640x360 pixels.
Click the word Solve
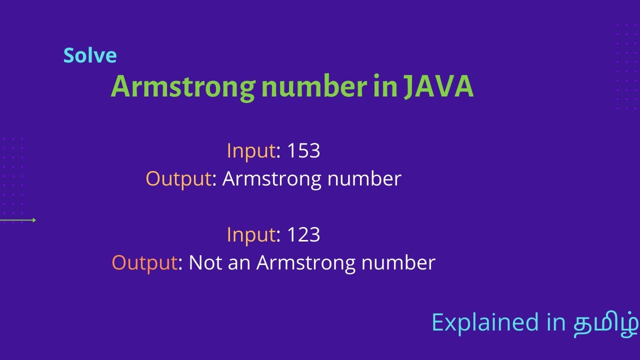[90, 55]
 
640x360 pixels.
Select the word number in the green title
[314, 87]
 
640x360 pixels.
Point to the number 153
[303, 150]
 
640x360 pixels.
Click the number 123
[303, 234]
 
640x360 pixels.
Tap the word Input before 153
[251, 151]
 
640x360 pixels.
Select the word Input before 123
[251, 235]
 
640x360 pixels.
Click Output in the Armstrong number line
[178, 179]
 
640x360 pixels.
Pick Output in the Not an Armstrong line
[144, 263]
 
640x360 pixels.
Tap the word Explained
[485, 322]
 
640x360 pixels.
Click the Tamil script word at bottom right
[605, 322]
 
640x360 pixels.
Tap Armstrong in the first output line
[272, 179]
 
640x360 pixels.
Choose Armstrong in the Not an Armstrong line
[306, 263]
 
